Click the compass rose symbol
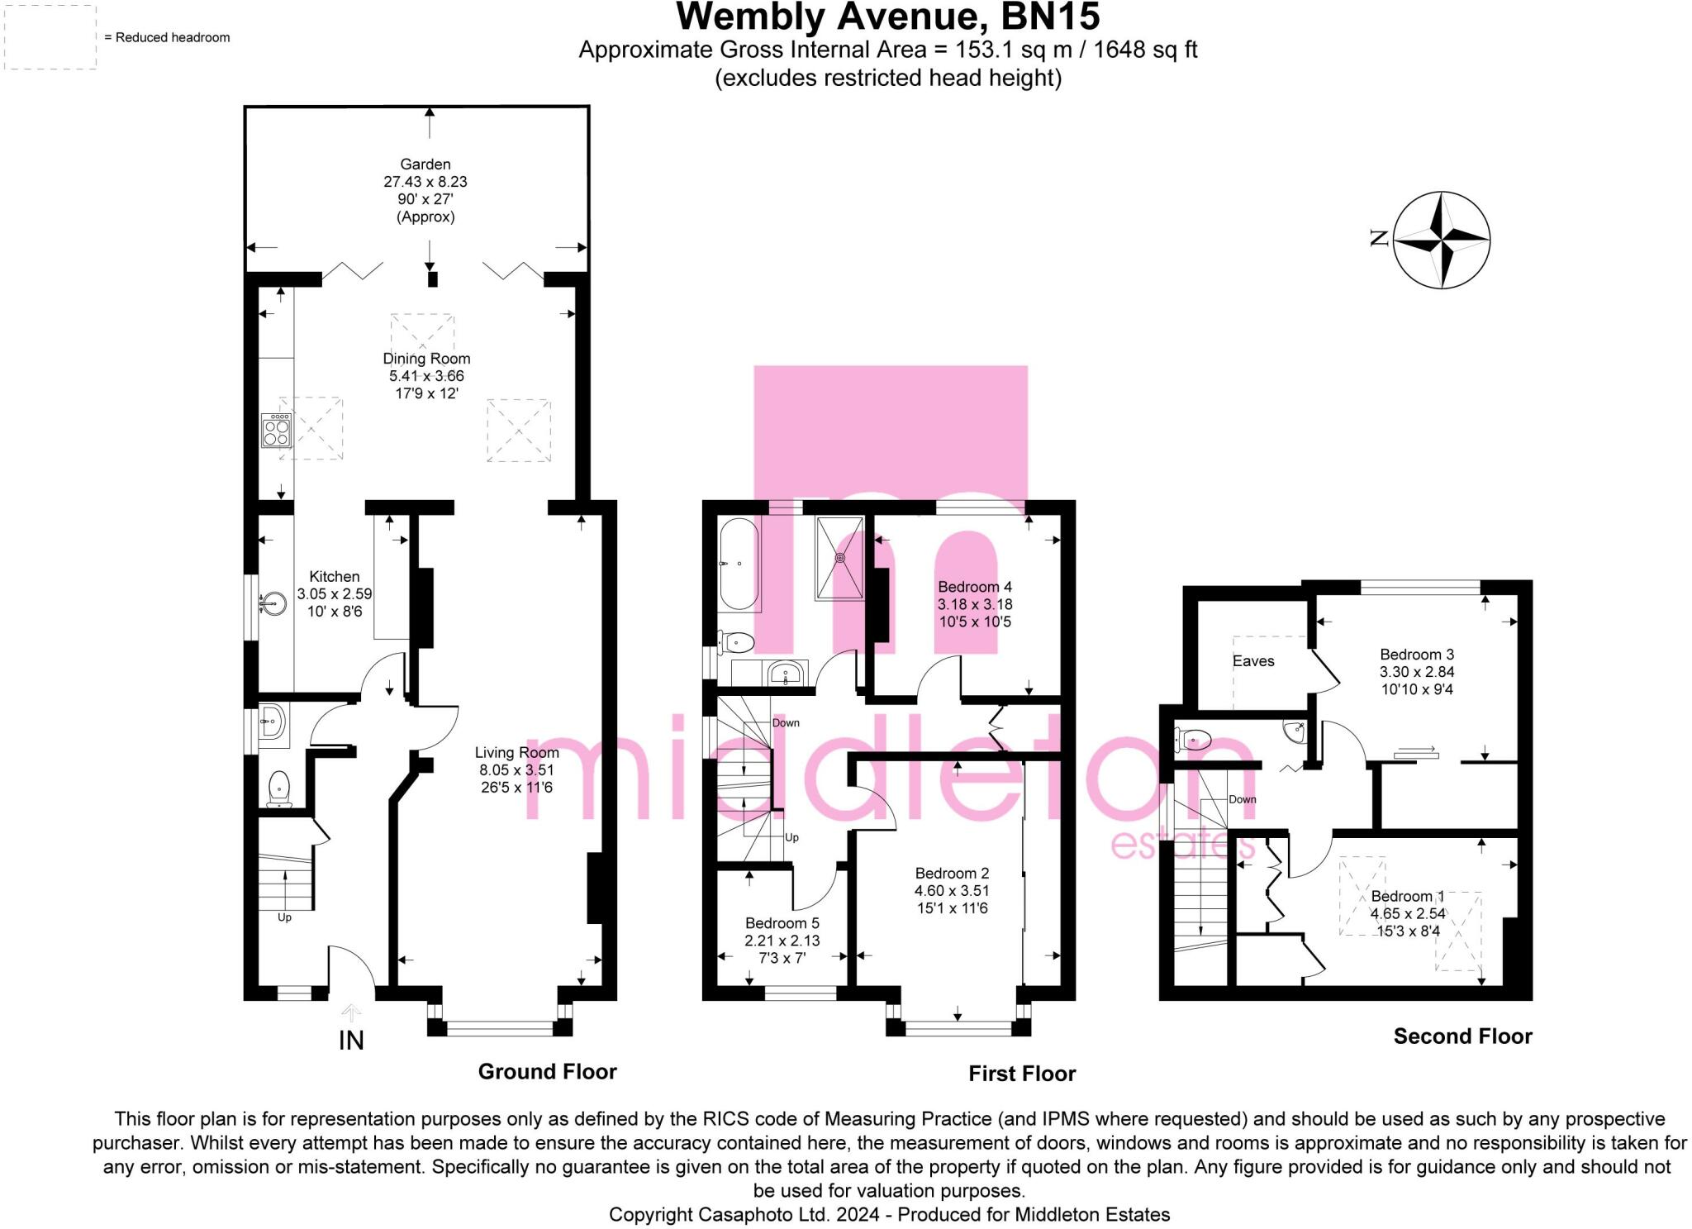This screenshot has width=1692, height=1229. [1442, 240]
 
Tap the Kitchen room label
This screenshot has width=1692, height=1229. [335, 576]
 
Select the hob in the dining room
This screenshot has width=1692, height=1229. [276, 430]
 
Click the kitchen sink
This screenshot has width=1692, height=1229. [272, 604]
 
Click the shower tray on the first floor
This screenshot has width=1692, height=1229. [840, 556]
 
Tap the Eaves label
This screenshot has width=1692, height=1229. [1253, 660]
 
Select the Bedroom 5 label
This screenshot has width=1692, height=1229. [782, 923]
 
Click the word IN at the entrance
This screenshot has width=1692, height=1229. [351, 1041]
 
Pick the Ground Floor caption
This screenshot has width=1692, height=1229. [547, 1072]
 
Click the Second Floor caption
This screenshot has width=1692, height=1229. [1462, 1036]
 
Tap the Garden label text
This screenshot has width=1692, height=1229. [425, 164]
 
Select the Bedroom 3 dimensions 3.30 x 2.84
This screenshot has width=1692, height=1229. [1417, 672]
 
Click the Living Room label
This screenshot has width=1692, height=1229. [516, 752]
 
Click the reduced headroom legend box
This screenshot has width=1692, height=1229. [50, 37]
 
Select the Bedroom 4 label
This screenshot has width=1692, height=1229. [975, 587]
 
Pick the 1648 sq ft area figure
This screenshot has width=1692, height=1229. [1145, 50]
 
